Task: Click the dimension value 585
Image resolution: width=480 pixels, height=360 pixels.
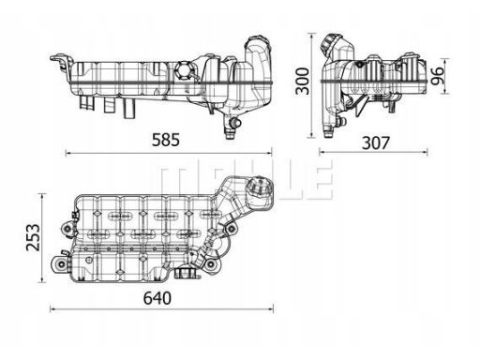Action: tap(166, 140)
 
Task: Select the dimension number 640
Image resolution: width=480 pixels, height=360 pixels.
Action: tap(157, 298)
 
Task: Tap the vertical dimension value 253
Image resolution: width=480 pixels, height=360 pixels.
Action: tap(33, 237)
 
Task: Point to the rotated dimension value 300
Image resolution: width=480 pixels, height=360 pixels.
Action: tap(303, 81)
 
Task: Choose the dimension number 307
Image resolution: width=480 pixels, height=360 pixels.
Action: tap(376, 142)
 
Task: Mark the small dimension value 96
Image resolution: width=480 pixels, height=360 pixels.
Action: tap(437, 76)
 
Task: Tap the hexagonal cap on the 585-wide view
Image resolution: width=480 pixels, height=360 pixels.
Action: tap(183, 71)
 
